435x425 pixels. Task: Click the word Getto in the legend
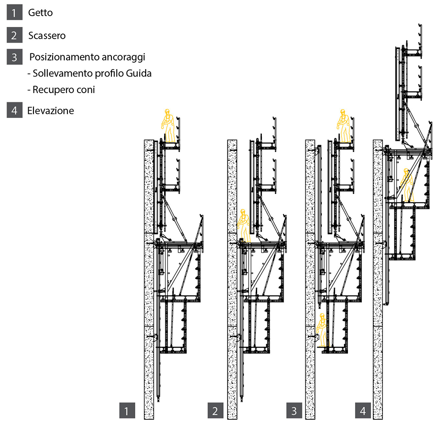40,13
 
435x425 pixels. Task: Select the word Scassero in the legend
47,35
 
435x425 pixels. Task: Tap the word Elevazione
50,110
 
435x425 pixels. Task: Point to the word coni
85,90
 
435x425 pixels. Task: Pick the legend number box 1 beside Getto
14,13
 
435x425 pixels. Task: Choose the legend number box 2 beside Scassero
14,35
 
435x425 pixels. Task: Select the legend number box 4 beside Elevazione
14,110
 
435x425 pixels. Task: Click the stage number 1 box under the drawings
127,410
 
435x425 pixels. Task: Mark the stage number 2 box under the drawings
215,410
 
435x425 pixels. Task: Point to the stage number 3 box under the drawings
294,410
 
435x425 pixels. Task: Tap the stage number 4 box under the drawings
363,410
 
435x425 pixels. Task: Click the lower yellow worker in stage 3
322,329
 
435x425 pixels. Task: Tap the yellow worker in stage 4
407,185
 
